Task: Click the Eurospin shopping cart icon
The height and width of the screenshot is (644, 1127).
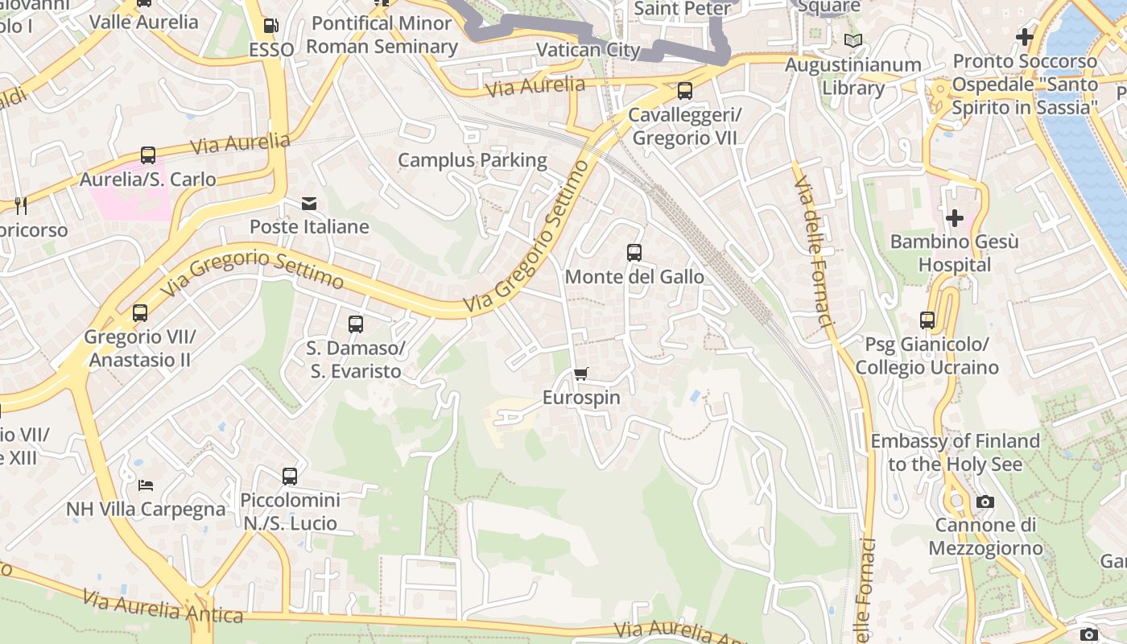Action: coord(580,374)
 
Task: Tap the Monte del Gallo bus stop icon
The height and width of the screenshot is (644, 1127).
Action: coord(634,253)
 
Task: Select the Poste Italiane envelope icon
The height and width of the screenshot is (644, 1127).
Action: coord(309,203)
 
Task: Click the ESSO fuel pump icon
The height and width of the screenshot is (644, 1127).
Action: coord(271,26)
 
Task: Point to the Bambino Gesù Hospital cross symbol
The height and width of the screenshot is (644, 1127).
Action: coord(955,217)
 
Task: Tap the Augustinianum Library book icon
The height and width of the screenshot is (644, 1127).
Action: coord(853,40)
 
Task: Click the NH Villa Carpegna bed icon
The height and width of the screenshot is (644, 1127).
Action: coord(146,485)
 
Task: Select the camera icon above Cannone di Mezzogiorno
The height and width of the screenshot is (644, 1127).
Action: coord(985,502)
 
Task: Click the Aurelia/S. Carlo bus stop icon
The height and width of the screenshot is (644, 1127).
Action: coord(148,155)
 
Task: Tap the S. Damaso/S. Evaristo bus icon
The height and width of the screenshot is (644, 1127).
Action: coord(356,324)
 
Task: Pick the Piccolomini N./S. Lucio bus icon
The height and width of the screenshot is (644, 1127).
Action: coord(290,476)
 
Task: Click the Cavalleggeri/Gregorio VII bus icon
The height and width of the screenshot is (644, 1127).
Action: coord(685,91)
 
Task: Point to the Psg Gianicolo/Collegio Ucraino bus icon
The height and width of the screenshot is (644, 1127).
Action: coord(927,320)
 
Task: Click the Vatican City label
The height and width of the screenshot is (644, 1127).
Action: coord(588,50)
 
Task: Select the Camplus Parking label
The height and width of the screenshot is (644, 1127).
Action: coord(473,160)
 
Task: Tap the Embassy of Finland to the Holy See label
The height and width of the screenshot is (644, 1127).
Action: coord(955,452)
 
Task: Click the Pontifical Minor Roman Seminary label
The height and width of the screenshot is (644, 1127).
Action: coord(382,35)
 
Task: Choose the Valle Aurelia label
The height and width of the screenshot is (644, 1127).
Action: coord(144,22)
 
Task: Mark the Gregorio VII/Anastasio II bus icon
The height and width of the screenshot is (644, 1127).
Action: coord(140,312)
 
